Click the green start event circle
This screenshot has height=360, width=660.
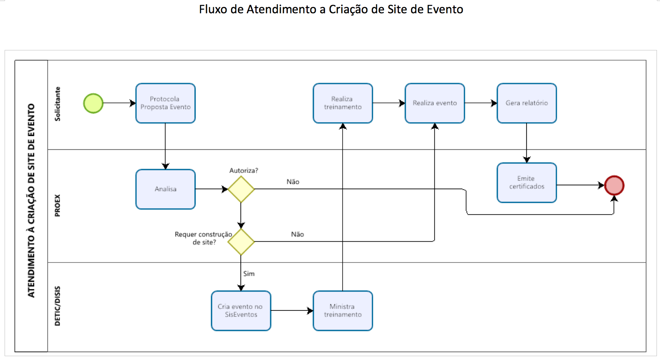click(93, 103)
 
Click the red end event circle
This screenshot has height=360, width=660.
click(614, 185)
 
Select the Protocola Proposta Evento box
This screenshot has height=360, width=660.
click(165, 103)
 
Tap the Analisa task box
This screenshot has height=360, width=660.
click(165, 189)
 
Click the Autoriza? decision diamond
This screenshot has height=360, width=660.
click(241, 189)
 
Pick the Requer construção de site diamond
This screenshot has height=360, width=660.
click(241, 242)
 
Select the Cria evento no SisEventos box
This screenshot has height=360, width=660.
click(241, 311)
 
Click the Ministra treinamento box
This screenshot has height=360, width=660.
click(343, 311)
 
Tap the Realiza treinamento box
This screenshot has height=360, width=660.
click(343, 103)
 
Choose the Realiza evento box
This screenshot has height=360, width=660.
click(435, 103)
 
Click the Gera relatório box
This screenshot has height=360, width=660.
click(527, 103)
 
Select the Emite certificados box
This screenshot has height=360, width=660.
click(527, 183)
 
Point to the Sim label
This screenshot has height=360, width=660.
click(249, 274)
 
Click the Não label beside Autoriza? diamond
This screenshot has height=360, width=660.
click(293, 182)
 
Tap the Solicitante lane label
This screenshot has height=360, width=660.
click(57, 104)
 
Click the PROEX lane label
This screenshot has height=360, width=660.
click(57, 205)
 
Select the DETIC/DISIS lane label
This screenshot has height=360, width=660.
click(57, 306)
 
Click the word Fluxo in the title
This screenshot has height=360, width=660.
click(213, 9)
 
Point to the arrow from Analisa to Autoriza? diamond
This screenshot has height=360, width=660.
click(212, 189)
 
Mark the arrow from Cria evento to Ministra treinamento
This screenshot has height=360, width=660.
click(292, 311)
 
